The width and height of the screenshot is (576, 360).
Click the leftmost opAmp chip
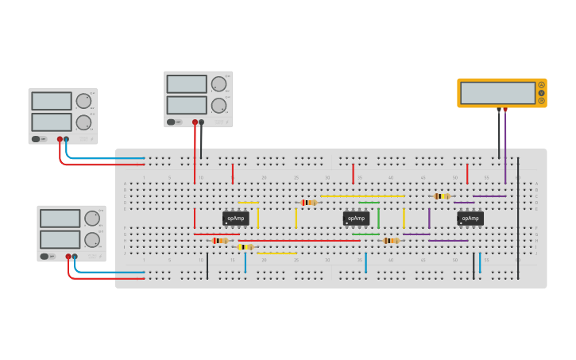235,218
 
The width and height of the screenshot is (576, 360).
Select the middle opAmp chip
356,218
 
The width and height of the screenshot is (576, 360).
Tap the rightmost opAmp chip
470,218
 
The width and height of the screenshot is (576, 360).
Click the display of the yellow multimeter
497,93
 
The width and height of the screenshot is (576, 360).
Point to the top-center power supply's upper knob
218,84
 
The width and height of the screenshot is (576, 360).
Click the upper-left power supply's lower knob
83,122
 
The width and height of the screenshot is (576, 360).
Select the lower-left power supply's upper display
60,219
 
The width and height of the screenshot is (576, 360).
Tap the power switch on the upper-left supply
36,139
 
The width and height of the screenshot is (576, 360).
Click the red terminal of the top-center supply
195,122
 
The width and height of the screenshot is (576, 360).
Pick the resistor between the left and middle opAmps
309,203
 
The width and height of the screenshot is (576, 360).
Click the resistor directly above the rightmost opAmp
442,196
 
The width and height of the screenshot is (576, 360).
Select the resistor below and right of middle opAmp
390,241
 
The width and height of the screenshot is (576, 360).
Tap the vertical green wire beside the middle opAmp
378,218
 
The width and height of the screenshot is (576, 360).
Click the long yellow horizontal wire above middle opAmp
362,195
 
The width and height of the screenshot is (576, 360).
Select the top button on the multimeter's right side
542,85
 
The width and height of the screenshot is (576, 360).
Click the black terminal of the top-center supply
201,122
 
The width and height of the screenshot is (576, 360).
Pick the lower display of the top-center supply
187,105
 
